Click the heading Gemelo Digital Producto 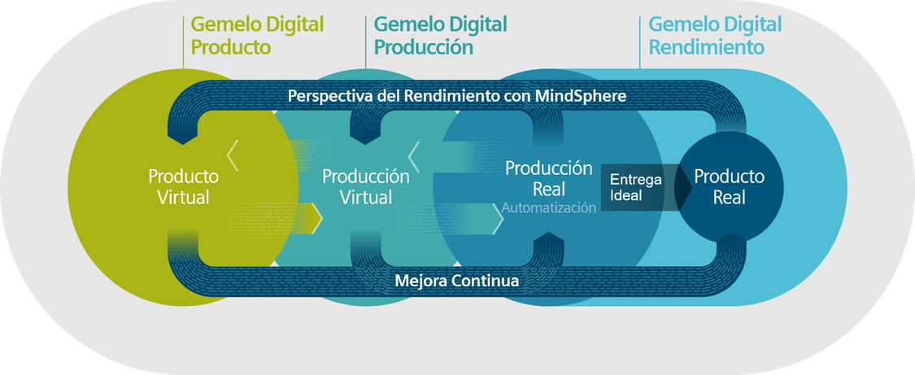(x=257, y=35)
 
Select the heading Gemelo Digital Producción (x=440, y=35)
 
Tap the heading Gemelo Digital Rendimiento (x=715, y=35)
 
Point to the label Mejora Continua (x=457, y=281)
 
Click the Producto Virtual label (x=183, y=186)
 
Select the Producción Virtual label (x=366, y=186)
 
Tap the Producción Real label (x=548, y=178)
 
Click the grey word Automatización (x=548, y=207)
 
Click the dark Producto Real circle (x=729, y=186)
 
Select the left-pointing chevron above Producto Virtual (x=233, y=155)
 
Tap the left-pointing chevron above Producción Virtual (x=414, y=155)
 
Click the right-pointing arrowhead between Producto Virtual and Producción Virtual (x=317, y=219)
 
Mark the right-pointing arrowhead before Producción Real (x=498, y=219)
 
